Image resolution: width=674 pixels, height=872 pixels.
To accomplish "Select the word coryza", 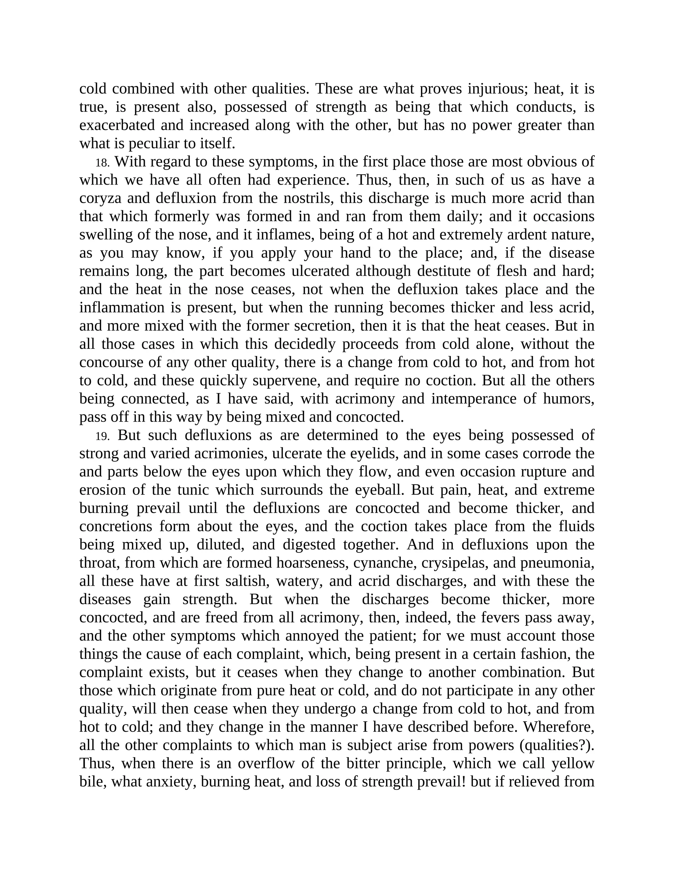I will tap(100, 199).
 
